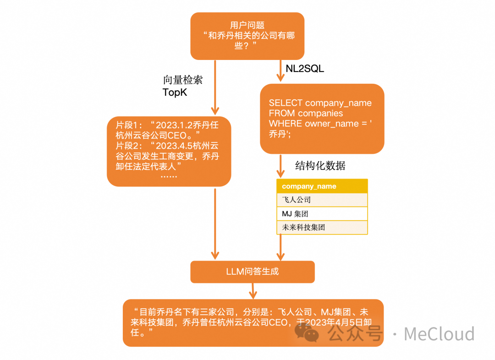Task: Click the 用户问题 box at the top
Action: (x=247, y=36)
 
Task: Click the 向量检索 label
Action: (x=182, y=80)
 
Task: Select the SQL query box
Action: (x=322, y=119)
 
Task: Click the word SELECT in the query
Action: (x=285, y=103)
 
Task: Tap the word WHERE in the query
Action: (x=285, y=124)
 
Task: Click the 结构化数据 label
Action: (x=320, y=166)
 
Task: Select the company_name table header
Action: (x=322, y=186)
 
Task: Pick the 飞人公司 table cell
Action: (x=322, y=200)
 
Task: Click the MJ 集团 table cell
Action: (x=322, y=213)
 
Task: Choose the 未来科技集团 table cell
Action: (x=322, y=227)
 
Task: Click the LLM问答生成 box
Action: (x=253, y=272)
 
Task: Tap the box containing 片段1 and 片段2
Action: (x=169, y=151)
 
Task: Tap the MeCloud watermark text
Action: (x=439, y=334)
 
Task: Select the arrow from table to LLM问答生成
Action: (x=280, y=248)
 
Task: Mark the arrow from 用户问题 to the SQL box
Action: (x=280, y=71)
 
